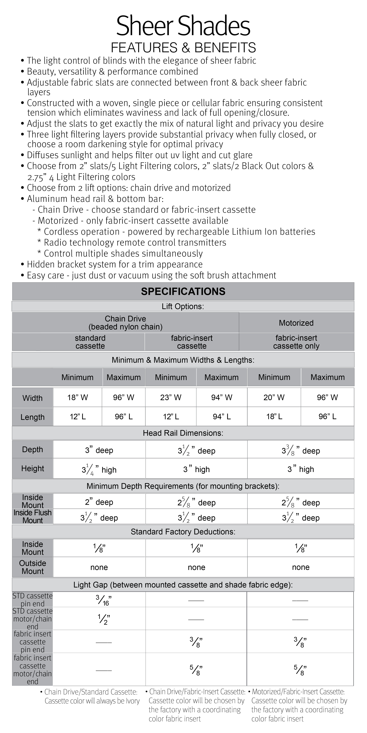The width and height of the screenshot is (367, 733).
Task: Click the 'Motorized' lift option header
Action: click(x=296, y=323)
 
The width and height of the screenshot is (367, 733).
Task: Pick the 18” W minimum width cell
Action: click(x=77, y=397)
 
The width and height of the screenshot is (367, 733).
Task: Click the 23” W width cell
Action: click(x=171, y=397)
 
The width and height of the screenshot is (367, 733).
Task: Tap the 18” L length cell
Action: click(x=274, y=417)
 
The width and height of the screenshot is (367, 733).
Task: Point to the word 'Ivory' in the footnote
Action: click(x=133, y=701)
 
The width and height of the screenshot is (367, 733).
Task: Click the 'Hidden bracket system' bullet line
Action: click(x=115, y=264)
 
